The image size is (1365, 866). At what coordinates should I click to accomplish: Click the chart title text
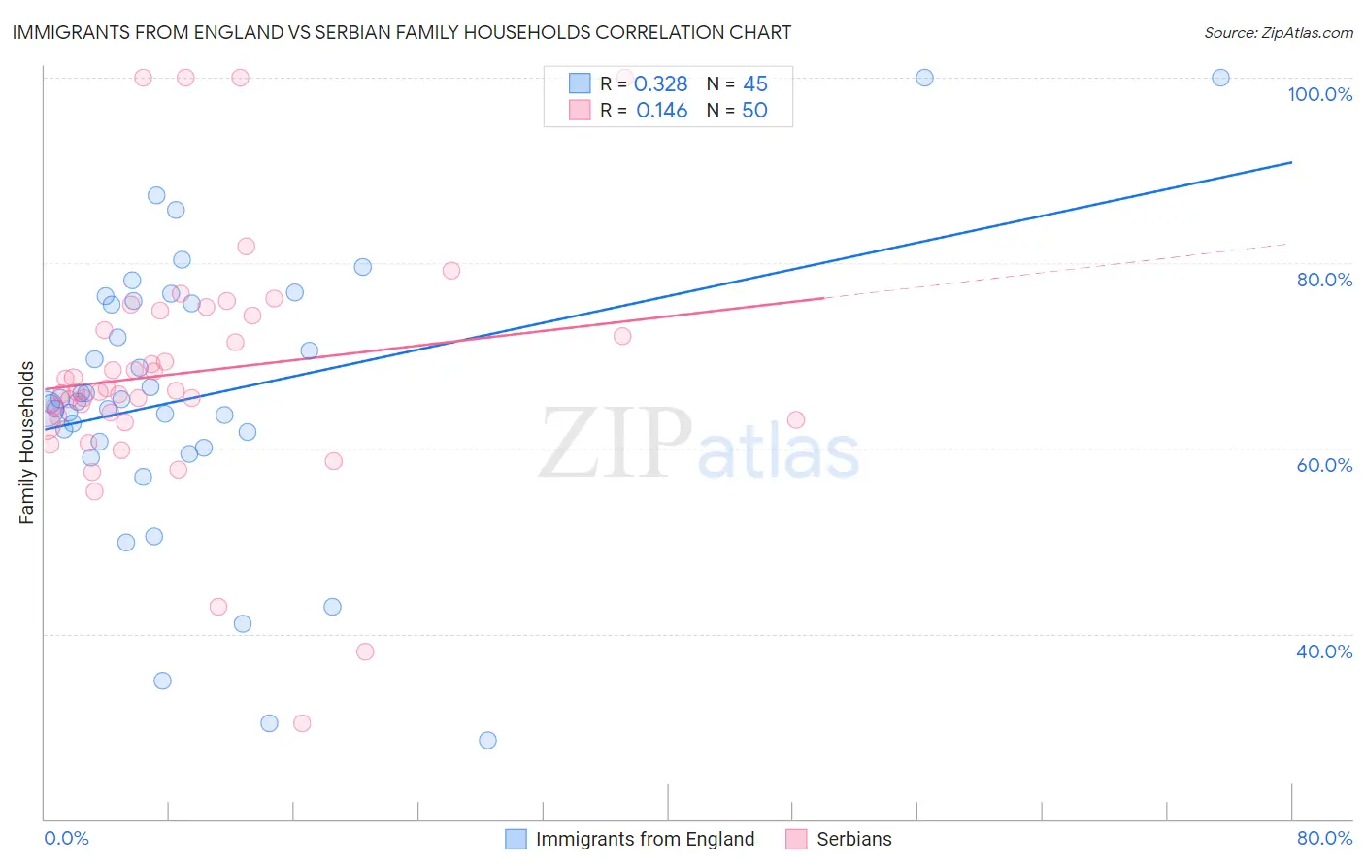402,32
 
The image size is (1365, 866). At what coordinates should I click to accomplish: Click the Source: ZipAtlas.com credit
1278,32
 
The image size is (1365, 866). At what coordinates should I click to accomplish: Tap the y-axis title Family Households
27,443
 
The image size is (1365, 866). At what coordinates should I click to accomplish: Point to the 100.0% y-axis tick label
1319,94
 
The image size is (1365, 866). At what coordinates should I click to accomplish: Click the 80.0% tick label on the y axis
1324,280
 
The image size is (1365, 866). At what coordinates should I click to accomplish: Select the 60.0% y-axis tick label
1324,465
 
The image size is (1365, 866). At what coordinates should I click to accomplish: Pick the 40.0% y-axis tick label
1324,651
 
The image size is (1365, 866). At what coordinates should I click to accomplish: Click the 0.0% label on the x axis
66,838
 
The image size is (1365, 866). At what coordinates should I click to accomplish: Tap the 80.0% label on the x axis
1324,838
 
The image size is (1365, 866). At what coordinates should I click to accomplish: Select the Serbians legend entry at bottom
853,839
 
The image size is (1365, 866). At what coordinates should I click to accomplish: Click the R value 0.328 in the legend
660,84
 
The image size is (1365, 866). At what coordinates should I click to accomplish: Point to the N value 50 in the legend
754,111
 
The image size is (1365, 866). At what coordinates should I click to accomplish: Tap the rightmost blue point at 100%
1220,78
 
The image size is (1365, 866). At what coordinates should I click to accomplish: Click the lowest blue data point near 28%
487,740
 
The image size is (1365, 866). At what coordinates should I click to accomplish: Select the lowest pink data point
302,723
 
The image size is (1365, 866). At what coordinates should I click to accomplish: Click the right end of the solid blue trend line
1291,162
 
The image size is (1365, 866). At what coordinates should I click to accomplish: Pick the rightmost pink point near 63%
796,419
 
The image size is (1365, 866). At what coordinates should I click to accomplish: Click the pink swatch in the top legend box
580,110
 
